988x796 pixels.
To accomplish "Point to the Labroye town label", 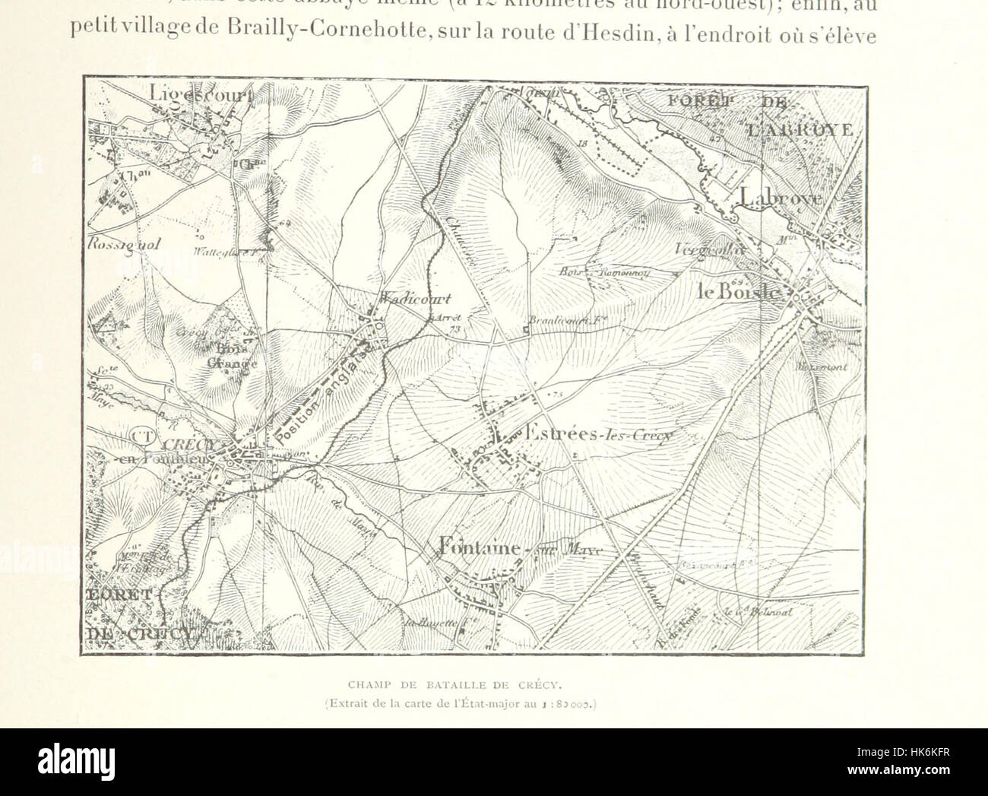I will [779, 197].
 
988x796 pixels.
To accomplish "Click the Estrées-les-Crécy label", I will [593, 432].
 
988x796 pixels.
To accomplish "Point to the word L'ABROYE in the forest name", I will [800, 129].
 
